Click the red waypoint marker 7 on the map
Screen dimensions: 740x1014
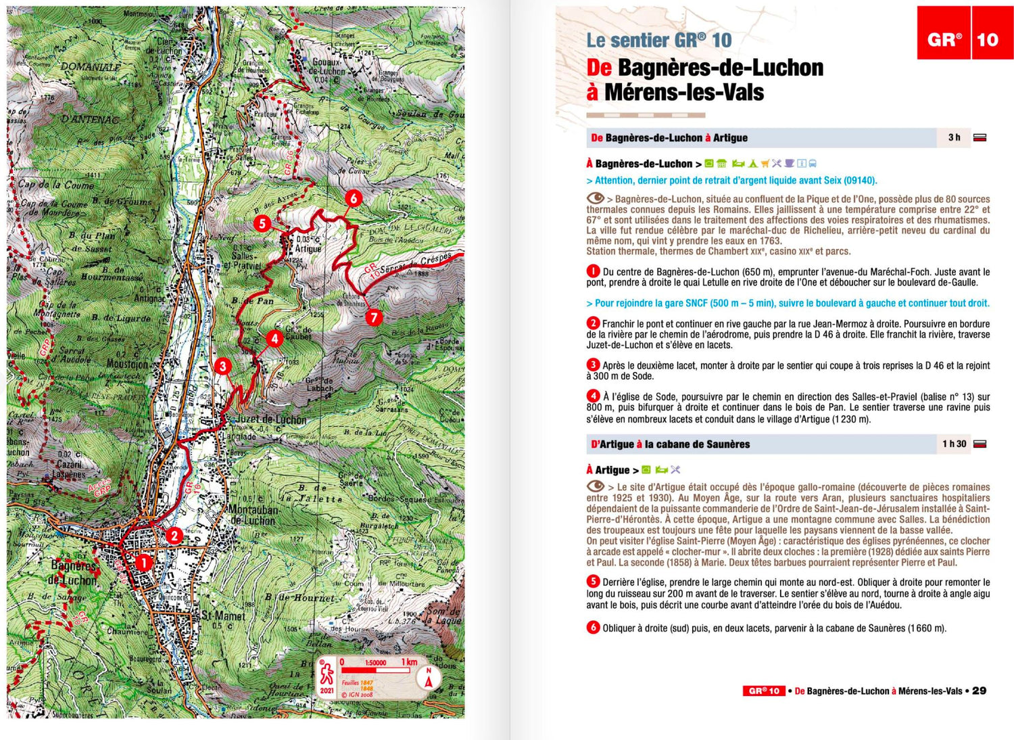373,317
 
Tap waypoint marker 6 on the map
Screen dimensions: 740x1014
353,198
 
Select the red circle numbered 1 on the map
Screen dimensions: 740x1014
143,562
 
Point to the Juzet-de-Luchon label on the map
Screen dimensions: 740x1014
270,419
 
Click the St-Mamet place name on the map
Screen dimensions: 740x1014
224,616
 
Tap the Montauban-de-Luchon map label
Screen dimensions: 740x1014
253,515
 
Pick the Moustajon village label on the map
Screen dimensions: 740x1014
127,364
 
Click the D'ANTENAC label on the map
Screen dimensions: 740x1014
90,120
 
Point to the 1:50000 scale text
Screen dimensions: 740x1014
376,663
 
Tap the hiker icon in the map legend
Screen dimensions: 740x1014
327,674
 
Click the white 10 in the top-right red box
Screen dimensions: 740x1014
987,40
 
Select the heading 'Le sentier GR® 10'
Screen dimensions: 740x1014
658,41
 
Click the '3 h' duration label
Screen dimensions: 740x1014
954,137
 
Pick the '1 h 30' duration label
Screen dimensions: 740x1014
954,444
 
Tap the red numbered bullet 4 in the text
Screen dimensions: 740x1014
593,396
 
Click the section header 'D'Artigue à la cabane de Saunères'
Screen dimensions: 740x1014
670,444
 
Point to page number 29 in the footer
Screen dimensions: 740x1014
979,691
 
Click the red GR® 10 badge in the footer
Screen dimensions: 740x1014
764,691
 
